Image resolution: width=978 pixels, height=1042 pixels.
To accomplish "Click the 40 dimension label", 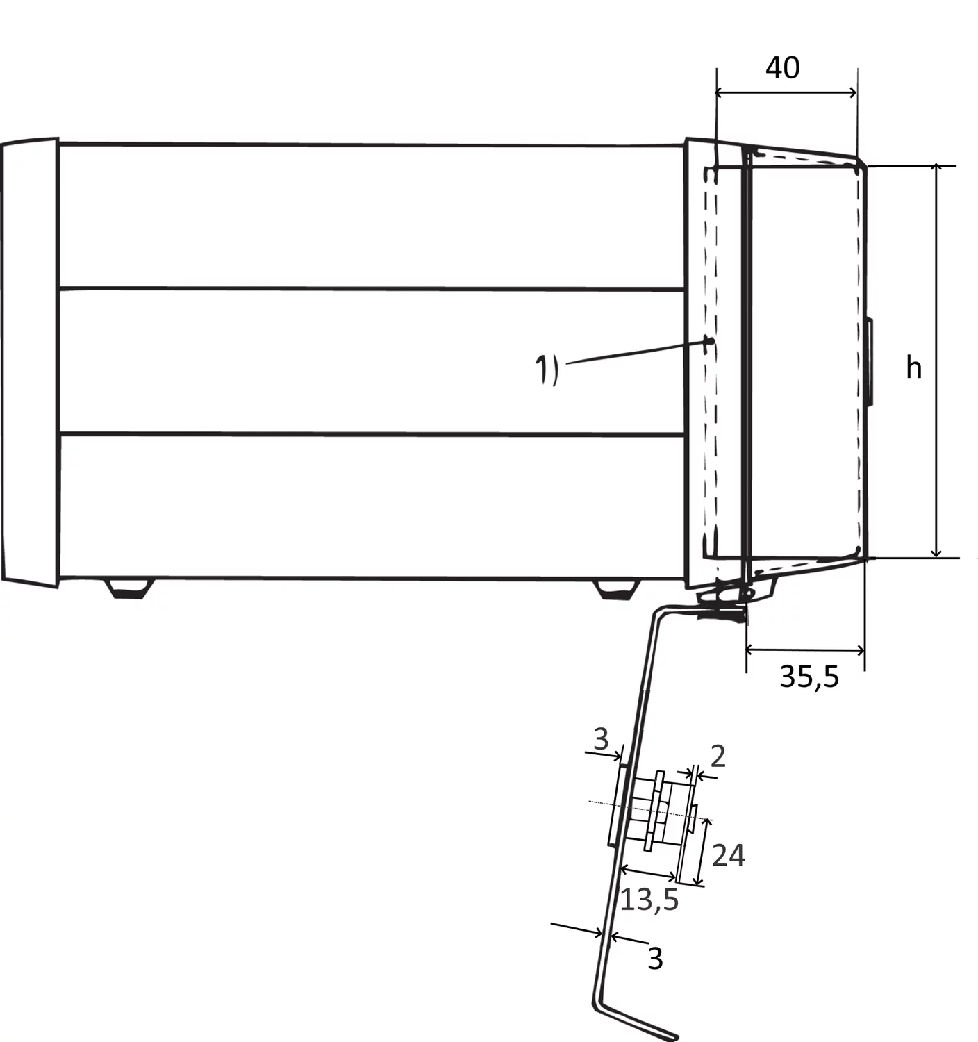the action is (782, 67).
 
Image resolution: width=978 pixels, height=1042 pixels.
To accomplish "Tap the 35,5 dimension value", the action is (809, 677).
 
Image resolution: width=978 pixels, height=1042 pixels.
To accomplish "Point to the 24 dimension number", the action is (728, 855).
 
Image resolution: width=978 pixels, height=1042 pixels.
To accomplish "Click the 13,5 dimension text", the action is (649, 900).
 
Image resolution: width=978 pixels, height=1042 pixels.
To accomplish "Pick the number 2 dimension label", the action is (718, 756).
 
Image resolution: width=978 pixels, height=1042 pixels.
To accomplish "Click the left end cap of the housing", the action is (30, 362).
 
